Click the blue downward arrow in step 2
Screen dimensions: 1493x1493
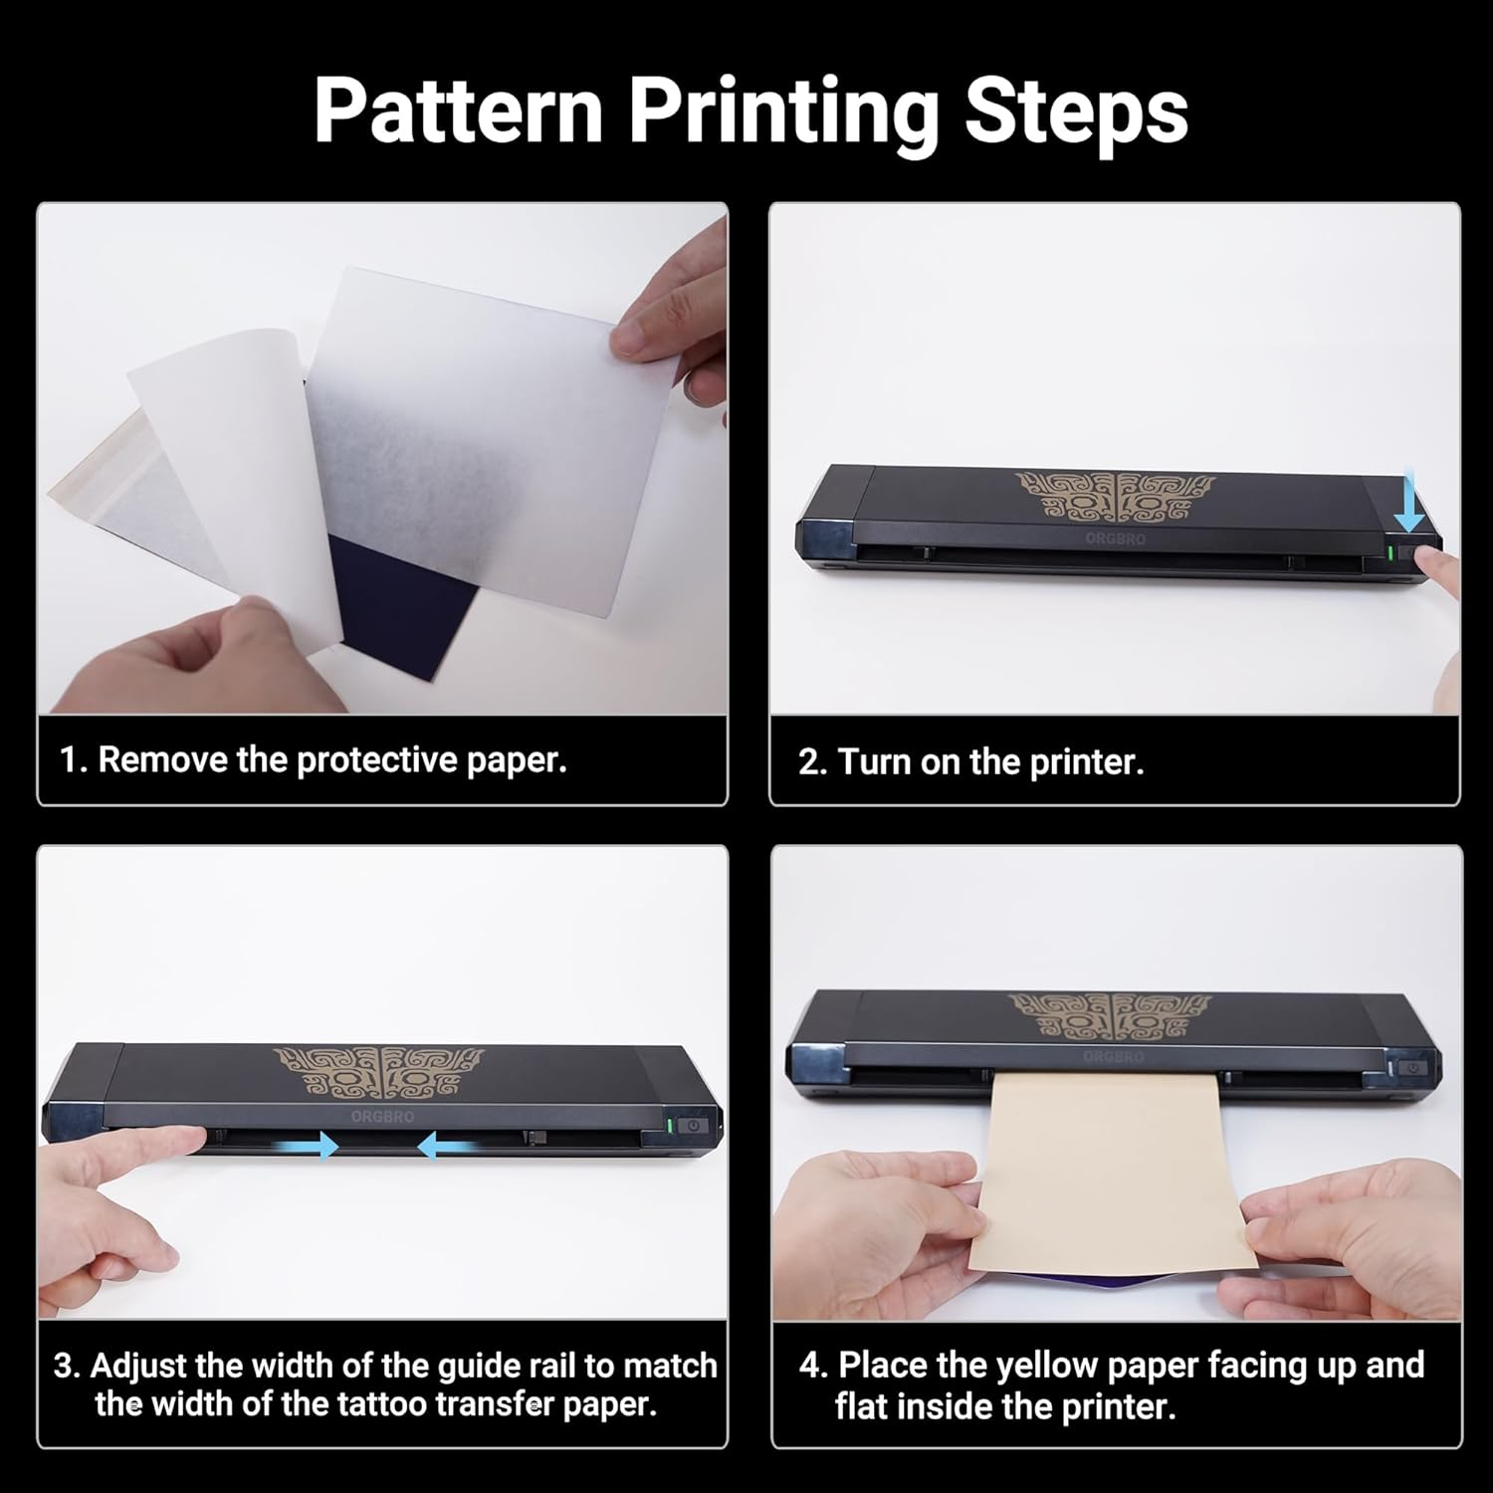[x=1407, y=509]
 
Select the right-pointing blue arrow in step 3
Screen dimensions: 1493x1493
[x=317, y=1147]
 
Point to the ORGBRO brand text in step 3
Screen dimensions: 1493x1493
[x=382, y=1117]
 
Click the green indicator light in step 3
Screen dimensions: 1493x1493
[x=669, y=1126]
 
